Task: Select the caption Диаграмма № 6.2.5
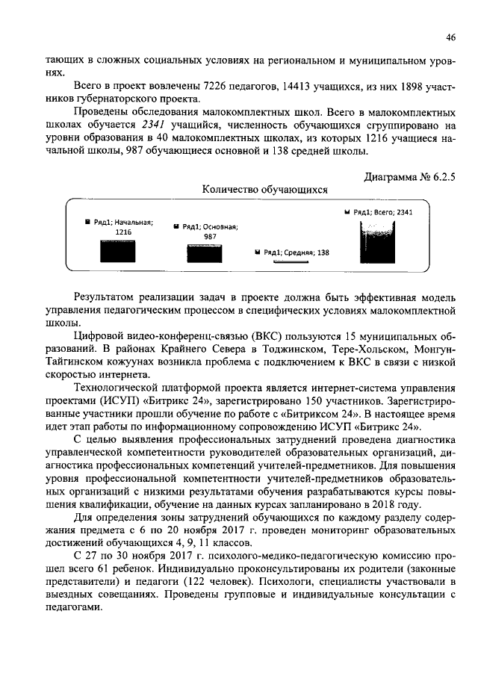(x=409, y=177)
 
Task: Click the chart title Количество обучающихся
(x=265, y=190)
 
